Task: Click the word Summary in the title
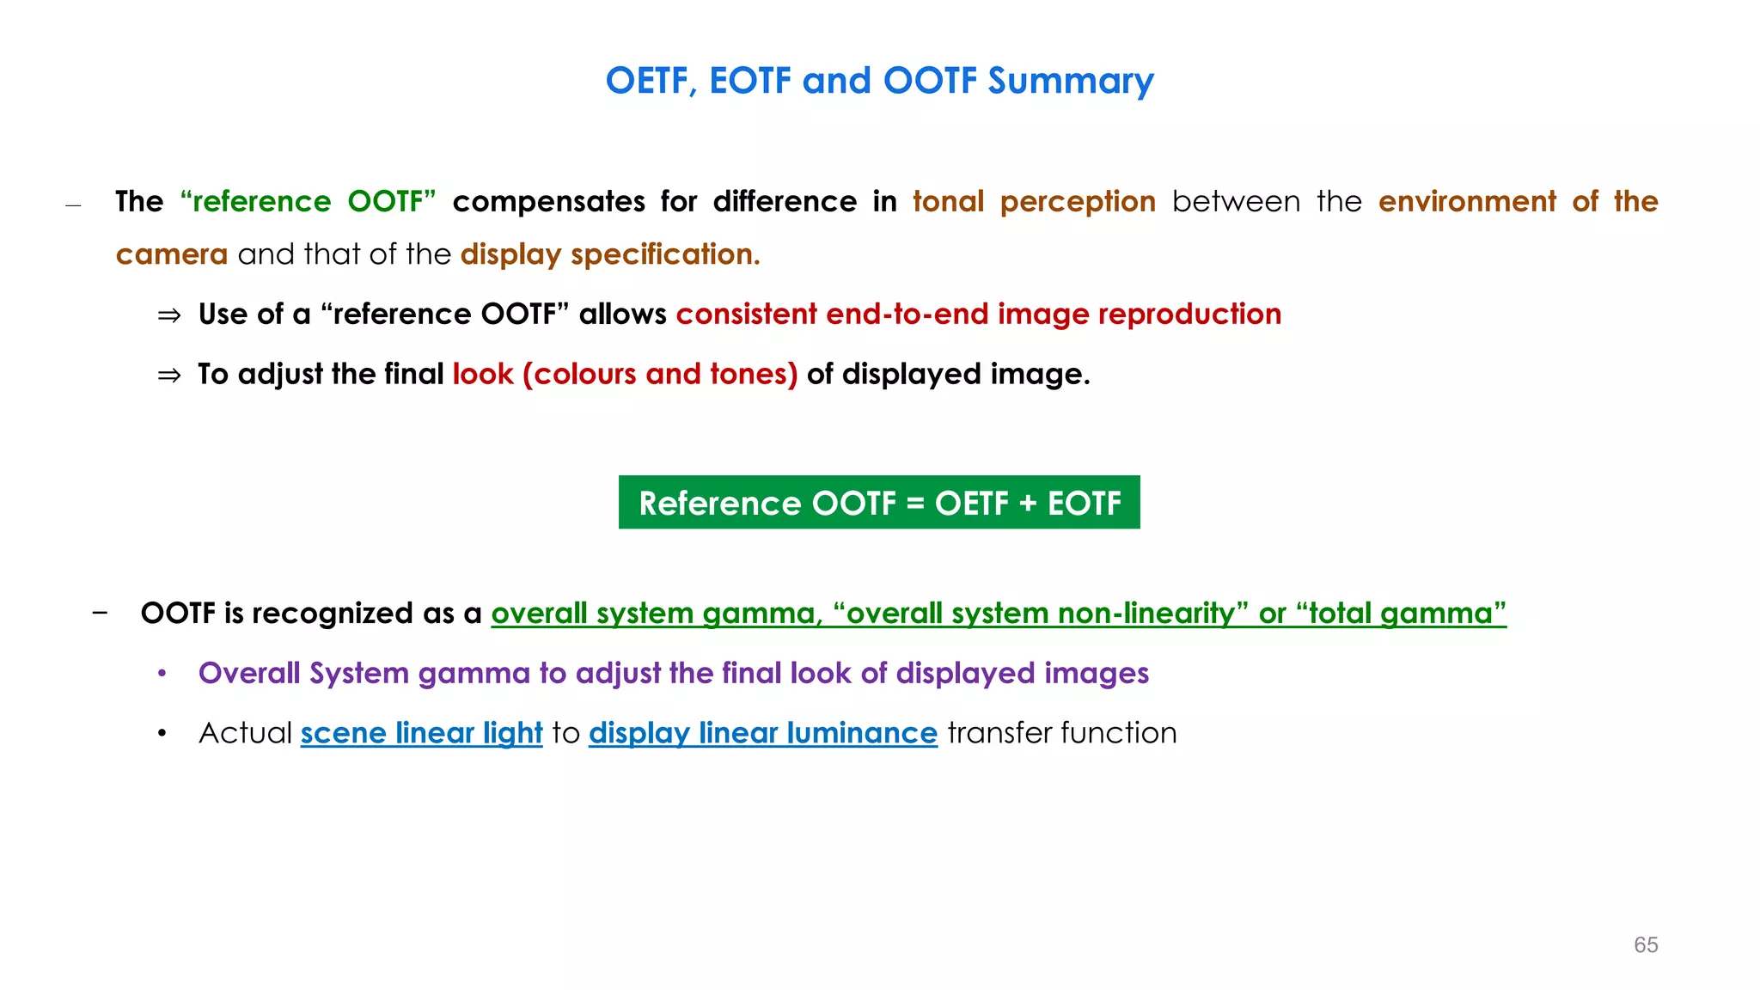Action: tap(1070, 81)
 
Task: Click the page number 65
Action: tap(1646, 944)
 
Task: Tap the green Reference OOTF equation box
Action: tap(879, 503)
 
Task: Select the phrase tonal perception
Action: tap(1034, 201)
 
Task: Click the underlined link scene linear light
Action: tap(421, 733)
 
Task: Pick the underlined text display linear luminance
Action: tap(762, 733)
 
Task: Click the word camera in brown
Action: tap(172, 254)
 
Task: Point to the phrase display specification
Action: tap(610, 254)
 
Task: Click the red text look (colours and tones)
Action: tap(625, 374)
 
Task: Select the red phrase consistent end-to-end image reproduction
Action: tap(978, 314)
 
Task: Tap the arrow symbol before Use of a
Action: tap(169, 315)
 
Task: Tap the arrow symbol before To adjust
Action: tap(169, 376)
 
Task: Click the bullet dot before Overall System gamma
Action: tap(162, 674)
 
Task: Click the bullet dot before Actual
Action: tap(162, 734)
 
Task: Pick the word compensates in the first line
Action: tap(548, 201)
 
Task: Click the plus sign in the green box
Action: tap(1028, 504)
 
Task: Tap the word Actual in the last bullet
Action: tap(245, 733)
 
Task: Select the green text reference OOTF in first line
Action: tap(308, 201)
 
